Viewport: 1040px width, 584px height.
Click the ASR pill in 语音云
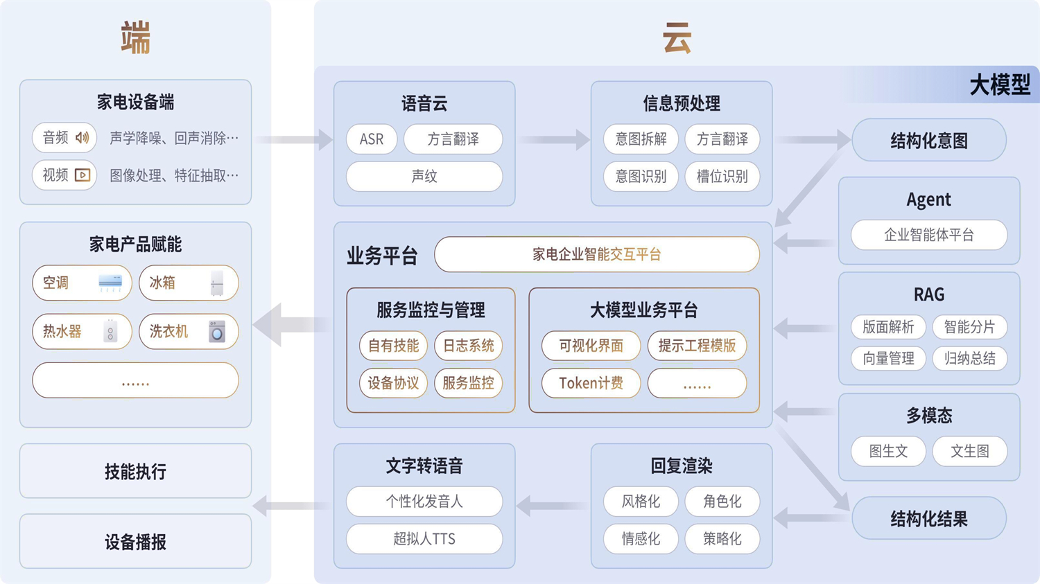pos(372,139)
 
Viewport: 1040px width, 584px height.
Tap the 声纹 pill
pos(424,177)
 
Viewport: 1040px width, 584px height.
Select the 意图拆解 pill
pos(641,139)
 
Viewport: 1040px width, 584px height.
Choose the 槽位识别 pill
pos(722,177)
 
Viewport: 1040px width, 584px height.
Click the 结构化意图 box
pos(928,141)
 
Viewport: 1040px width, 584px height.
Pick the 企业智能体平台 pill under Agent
pos(928,235)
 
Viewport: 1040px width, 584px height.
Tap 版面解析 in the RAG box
pos(888,327)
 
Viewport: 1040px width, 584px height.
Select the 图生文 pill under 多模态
pos(888,451)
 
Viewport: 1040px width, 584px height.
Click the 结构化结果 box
pos(928,519)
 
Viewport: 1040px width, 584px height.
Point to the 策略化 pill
pos(722,539)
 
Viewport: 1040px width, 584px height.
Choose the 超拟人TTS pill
pos(424,539)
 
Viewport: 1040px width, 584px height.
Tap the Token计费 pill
pos(591,383)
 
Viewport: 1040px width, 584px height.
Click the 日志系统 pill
pos(468,346)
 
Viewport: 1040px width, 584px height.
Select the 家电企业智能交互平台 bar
pos(596,254)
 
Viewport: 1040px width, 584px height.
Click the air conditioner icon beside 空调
pos(110,283)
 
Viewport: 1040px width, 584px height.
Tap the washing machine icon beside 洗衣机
pos(217,332)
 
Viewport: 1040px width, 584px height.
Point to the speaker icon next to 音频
pos(83,138)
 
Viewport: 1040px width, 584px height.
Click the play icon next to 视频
pos(83,175)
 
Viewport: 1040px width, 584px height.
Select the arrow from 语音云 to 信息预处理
pos(553,140)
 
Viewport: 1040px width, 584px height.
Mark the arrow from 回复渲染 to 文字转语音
pos(553,506)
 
